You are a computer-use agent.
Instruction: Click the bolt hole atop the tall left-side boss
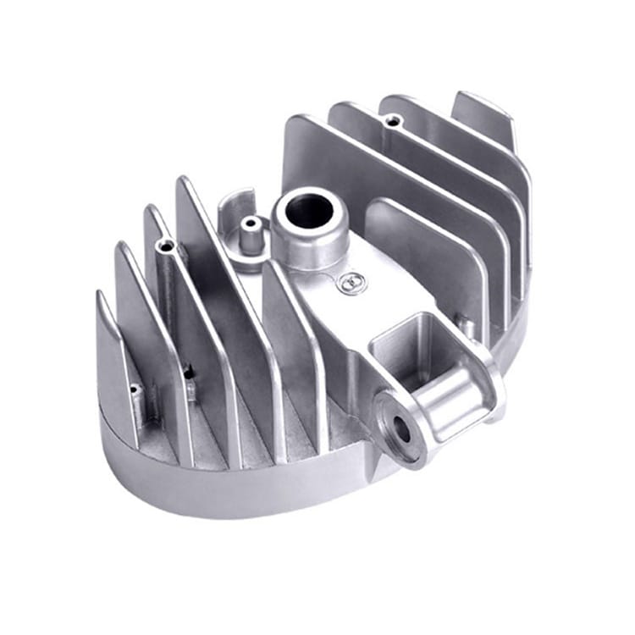tap(166, 246)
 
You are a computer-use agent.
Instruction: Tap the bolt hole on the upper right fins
tap(390, 121)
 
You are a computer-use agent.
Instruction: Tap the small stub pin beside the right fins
tap(464, 322)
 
